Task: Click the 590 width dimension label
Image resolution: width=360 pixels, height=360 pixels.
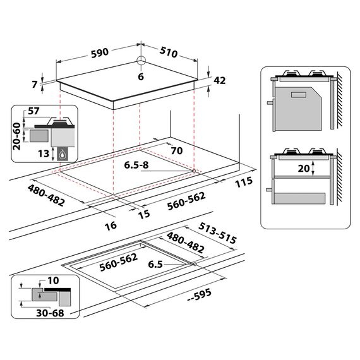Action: point(100,53)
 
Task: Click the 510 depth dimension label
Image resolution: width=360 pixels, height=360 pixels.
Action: point(169,52)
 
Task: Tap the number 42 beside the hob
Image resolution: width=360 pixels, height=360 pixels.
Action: point(220,80)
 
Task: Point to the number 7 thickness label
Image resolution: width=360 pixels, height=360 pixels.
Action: point(35,84)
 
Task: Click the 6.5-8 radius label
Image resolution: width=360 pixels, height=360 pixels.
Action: point(136,165)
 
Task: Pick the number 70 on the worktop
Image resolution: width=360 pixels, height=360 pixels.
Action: point(177,150)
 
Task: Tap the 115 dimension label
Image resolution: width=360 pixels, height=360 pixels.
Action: point(244,183)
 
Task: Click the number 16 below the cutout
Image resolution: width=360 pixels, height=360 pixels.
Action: point(111,226)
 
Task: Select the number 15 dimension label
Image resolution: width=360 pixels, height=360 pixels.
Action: point(144,214)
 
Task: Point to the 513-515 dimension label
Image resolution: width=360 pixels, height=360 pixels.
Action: point(217,233)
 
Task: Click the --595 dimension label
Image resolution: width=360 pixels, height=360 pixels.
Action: point(200,295)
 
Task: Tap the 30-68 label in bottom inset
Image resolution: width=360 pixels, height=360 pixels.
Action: point(50,313)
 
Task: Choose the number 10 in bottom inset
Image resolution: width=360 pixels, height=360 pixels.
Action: point(53,280)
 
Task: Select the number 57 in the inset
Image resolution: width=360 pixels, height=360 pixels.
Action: point(33,111)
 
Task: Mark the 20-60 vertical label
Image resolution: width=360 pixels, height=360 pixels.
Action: point(16,136)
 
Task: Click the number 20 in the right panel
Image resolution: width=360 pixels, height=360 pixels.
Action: point(304,169)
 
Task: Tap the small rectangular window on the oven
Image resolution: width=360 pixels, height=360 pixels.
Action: point(299,95)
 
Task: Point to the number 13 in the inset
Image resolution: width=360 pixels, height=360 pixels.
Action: point(44,153)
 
